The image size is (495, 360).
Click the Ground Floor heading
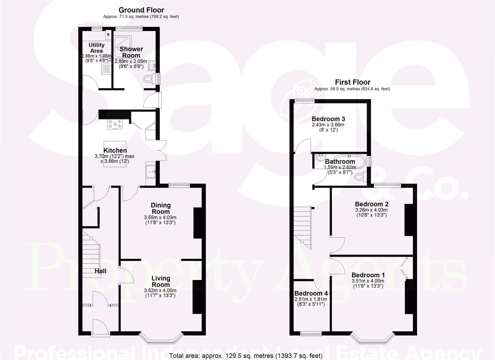[141, 10]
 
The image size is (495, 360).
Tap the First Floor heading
[352, 82]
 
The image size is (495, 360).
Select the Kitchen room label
[115, 150]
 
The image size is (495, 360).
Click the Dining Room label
[161, 208]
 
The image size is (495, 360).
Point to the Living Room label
[161, 281]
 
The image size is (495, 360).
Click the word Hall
[100, 271]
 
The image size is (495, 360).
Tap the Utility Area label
[96, 48]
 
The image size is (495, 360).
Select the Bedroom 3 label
[328, 119]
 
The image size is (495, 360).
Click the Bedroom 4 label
[311, 293]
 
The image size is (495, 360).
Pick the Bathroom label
[340, 161]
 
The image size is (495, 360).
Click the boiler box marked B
[108, 35]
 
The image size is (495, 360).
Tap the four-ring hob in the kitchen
[115, 124]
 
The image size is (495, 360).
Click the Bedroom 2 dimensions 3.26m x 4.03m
[371, 210]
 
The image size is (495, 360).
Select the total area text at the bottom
[246, 356]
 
